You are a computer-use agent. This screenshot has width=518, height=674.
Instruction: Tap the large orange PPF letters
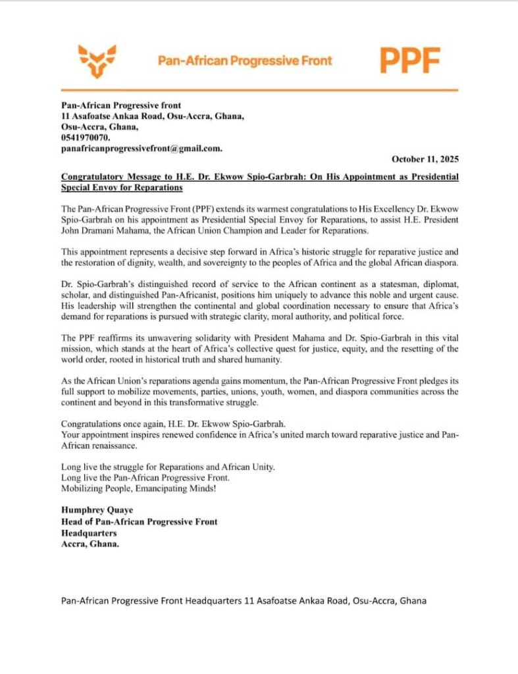pos(409,61)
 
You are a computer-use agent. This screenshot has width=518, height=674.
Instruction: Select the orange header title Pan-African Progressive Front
pos(245,61)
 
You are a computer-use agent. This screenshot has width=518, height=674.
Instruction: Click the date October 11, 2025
pos(425,159)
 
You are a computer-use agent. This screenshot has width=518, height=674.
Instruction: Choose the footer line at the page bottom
pos(243,600)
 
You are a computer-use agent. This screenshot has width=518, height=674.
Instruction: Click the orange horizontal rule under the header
pos(259,90)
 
